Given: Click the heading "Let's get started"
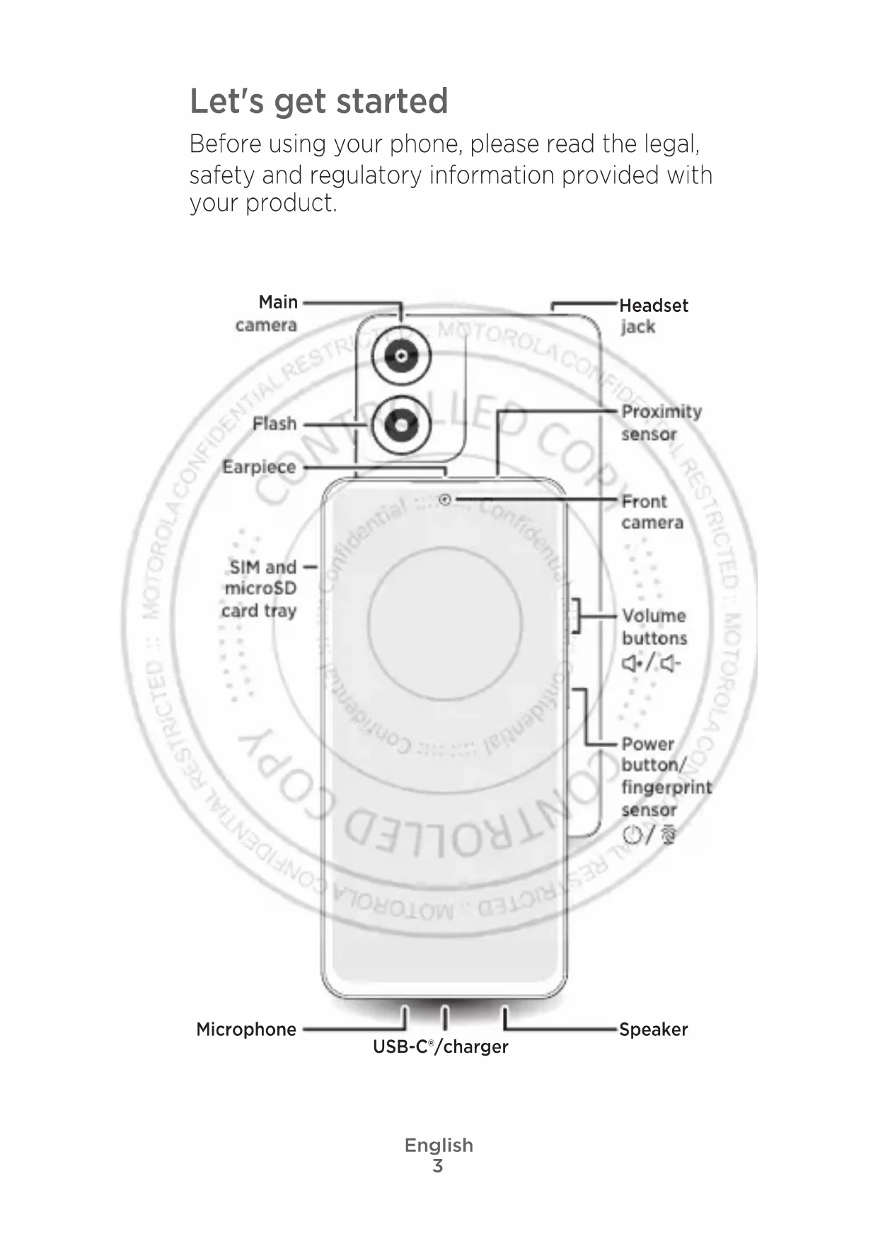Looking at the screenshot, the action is [318, 100].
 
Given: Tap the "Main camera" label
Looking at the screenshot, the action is [267, 313].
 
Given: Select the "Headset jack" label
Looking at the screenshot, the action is [653, 316].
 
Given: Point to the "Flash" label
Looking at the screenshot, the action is [275, 424].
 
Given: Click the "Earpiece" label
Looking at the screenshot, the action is [259, 467].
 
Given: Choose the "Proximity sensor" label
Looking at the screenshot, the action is [661, 422].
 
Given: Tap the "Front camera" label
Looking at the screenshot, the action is [652, 512].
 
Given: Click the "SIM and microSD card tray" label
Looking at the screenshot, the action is [260, 589].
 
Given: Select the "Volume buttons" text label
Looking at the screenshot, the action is [654, 627].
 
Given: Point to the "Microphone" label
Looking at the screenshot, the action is [246, 1029].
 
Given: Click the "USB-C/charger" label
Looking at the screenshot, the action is [440, 1046].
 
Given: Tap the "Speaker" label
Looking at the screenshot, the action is [653, 1029].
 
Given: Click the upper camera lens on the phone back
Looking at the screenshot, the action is [401, 356].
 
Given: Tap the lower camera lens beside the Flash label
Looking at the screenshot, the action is [401, 425].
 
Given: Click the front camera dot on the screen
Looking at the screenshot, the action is [445, 500].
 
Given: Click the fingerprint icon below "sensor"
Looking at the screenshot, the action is [668, 836].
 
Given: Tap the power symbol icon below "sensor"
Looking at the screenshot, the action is [632, 836].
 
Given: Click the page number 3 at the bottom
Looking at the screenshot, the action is [438, 1166].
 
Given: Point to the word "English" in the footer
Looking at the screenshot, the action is [439, 1145].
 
